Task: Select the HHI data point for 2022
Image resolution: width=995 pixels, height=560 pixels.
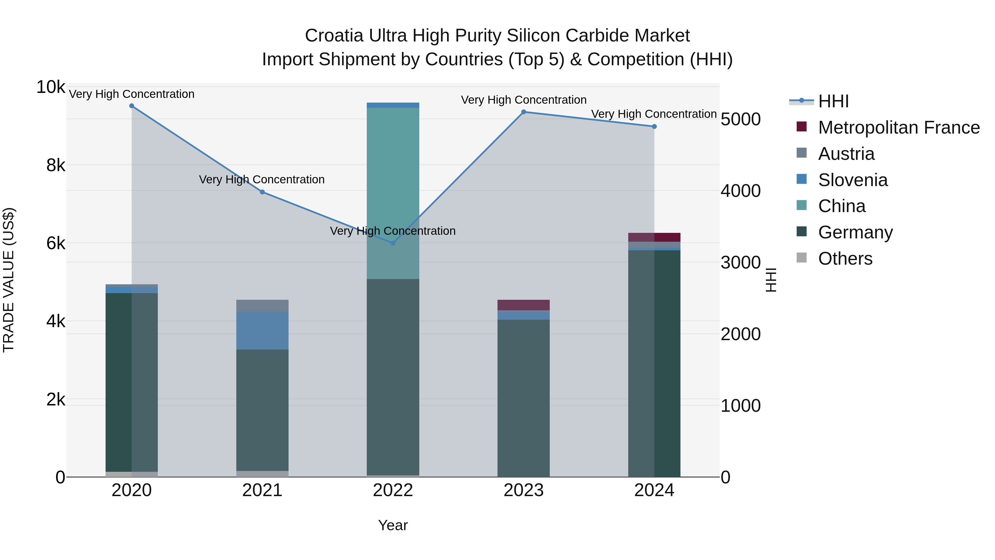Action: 393,243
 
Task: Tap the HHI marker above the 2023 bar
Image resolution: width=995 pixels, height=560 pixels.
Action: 523,112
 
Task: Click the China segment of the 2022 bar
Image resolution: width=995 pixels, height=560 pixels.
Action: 393,193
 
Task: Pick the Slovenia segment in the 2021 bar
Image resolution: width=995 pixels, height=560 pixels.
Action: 262,330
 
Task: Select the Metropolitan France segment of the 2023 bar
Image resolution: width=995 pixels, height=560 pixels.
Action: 523,305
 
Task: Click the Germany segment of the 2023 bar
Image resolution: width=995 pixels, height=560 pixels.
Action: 523,398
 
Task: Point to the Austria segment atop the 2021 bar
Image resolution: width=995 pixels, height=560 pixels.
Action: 262,306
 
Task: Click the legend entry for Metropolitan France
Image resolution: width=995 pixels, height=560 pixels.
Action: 899,127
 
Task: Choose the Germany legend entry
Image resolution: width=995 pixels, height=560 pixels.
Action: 855,232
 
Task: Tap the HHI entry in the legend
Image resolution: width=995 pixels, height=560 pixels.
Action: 833,101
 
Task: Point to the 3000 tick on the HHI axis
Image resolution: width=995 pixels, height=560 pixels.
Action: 740,263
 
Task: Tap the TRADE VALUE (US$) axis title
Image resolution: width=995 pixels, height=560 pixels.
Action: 9,280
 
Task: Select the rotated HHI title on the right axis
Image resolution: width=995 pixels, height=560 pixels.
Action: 771,280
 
